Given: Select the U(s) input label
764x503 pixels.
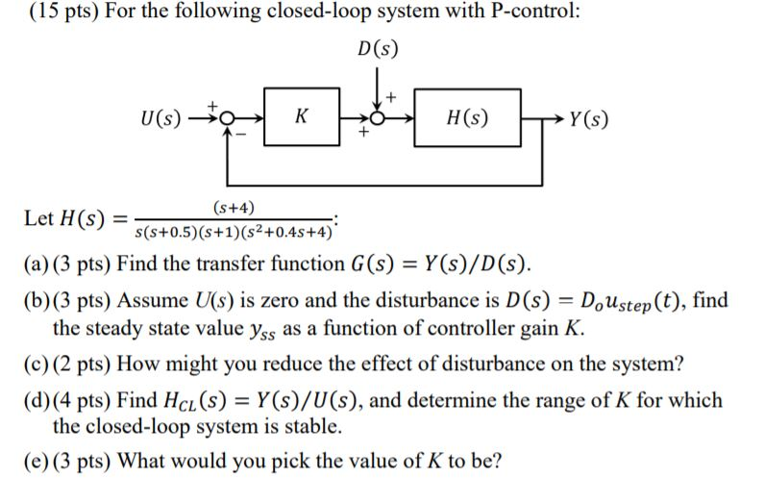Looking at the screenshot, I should tap(159, 119).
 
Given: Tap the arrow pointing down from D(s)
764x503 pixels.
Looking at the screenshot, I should tap(378, 91).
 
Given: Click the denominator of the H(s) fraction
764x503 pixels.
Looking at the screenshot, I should tap(234, 231).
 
